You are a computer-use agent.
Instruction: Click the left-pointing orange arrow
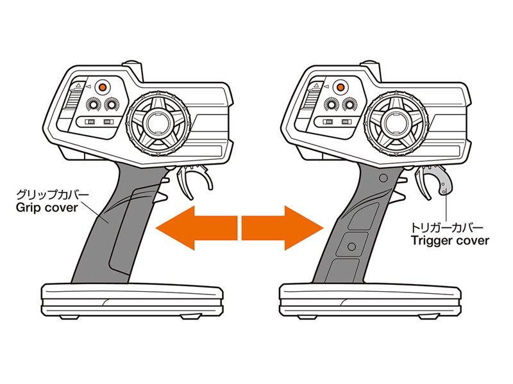click(196, 228)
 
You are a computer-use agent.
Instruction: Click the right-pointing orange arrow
click(283, 228)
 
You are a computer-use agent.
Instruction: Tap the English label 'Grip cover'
click(47, 208)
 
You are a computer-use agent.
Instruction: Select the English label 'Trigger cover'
click(450, 241)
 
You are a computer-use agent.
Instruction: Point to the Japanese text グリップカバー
click(53, 195)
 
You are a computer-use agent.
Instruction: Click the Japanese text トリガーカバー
click(447, 227)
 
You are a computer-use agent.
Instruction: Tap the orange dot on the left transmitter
click(102, 87)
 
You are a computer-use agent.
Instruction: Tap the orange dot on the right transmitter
click(341, 87)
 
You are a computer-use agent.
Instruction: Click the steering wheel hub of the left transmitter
click(158, 123)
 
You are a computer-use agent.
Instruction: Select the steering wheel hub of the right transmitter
click(396, 123)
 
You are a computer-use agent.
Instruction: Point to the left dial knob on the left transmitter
click(92, 104)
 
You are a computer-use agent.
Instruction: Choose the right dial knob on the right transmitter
click(349, 104)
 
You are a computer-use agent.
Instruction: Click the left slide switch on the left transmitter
click(90, 122)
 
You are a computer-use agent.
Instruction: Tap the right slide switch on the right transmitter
click(346, 122)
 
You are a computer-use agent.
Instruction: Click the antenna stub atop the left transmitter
click(134, 69)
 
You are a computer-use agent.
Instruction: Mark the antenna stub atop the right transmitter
click(372, 69)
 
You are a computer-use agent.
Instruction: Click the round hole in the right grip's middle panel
click(351, 246)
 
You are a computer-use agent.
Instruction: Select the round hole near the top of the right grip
click(383, 178)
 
